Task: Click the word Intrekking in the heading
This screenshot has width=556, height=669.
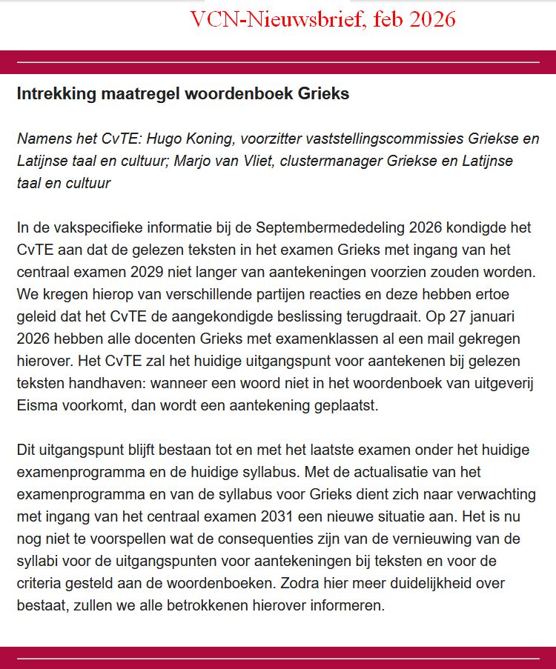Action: click(50, 95)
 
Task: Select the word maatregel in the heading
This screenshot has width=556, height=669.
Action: click(131, 95)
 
